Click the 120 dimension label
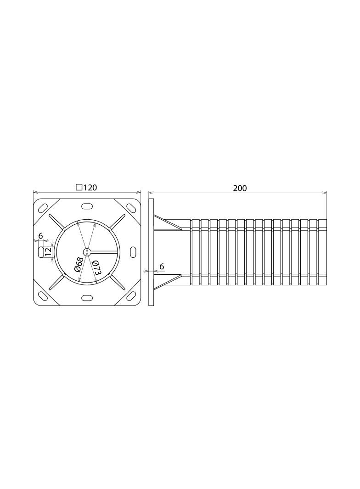(90, 188)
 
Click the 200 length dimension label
(240, 188)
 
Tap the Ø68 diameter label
(78, 264)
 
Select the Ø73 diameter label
(96, 267)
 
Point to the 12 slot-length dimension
(48, 251)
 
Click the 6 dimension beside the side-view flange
(162, 267)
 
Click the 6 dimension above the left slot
(40, 236)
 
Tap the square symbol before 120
(79, 187)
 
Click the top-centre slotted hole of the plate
(87, 206)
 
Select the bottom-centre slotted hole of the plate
(87, 298)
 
